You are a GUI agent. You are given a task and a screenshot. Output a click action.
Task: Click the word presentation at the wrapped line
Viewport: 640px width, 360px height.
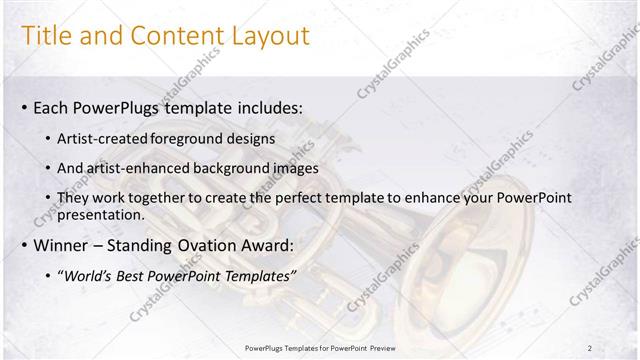[x=104, y=214]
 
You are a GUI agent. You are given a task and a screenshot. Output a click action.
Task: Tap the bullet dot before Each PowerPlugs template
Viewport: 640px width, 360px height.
[x=24, y=107]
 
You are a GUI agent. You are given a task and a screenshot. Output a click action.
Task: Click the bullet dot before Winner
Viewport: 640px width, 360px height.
[x=24, y=244]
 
